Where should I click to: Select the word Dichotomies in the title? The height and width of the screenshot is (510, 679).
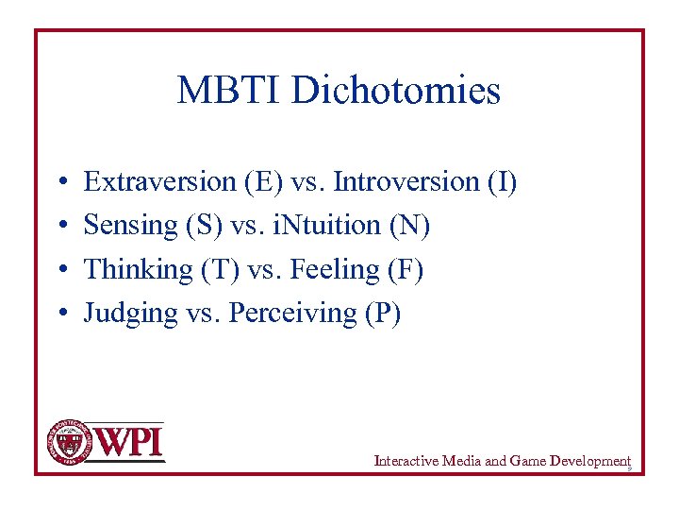(395, 91)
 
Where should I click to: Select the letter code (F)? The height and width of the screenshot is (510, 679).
(406, 270)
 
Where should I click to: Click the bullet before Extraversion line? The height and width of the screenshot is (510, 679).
(59, 181)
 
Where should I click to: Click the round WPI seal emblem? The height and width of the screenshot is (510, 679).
(67, 441)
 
